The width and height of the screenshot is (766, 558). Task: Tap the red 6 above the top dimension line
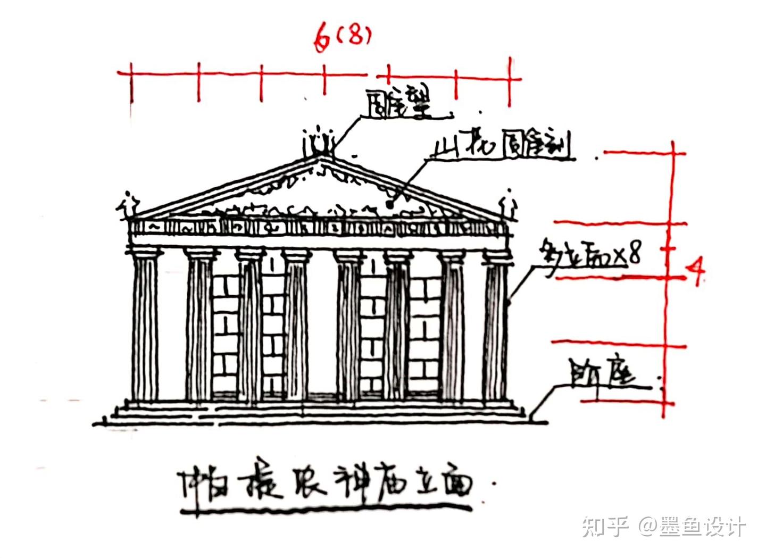click(x=321, y=39)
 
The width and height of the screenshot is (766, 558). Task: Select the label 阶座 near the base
click(x=602, y=373)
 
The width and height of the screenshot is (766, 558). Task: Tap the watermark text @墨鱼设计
click(x=692, y=527)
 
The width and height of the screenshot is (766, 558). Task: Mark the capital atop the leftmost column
click(x=145, y=252)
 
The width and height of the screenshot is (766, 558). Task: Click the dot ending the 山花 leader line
click(x=389, y=203)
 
